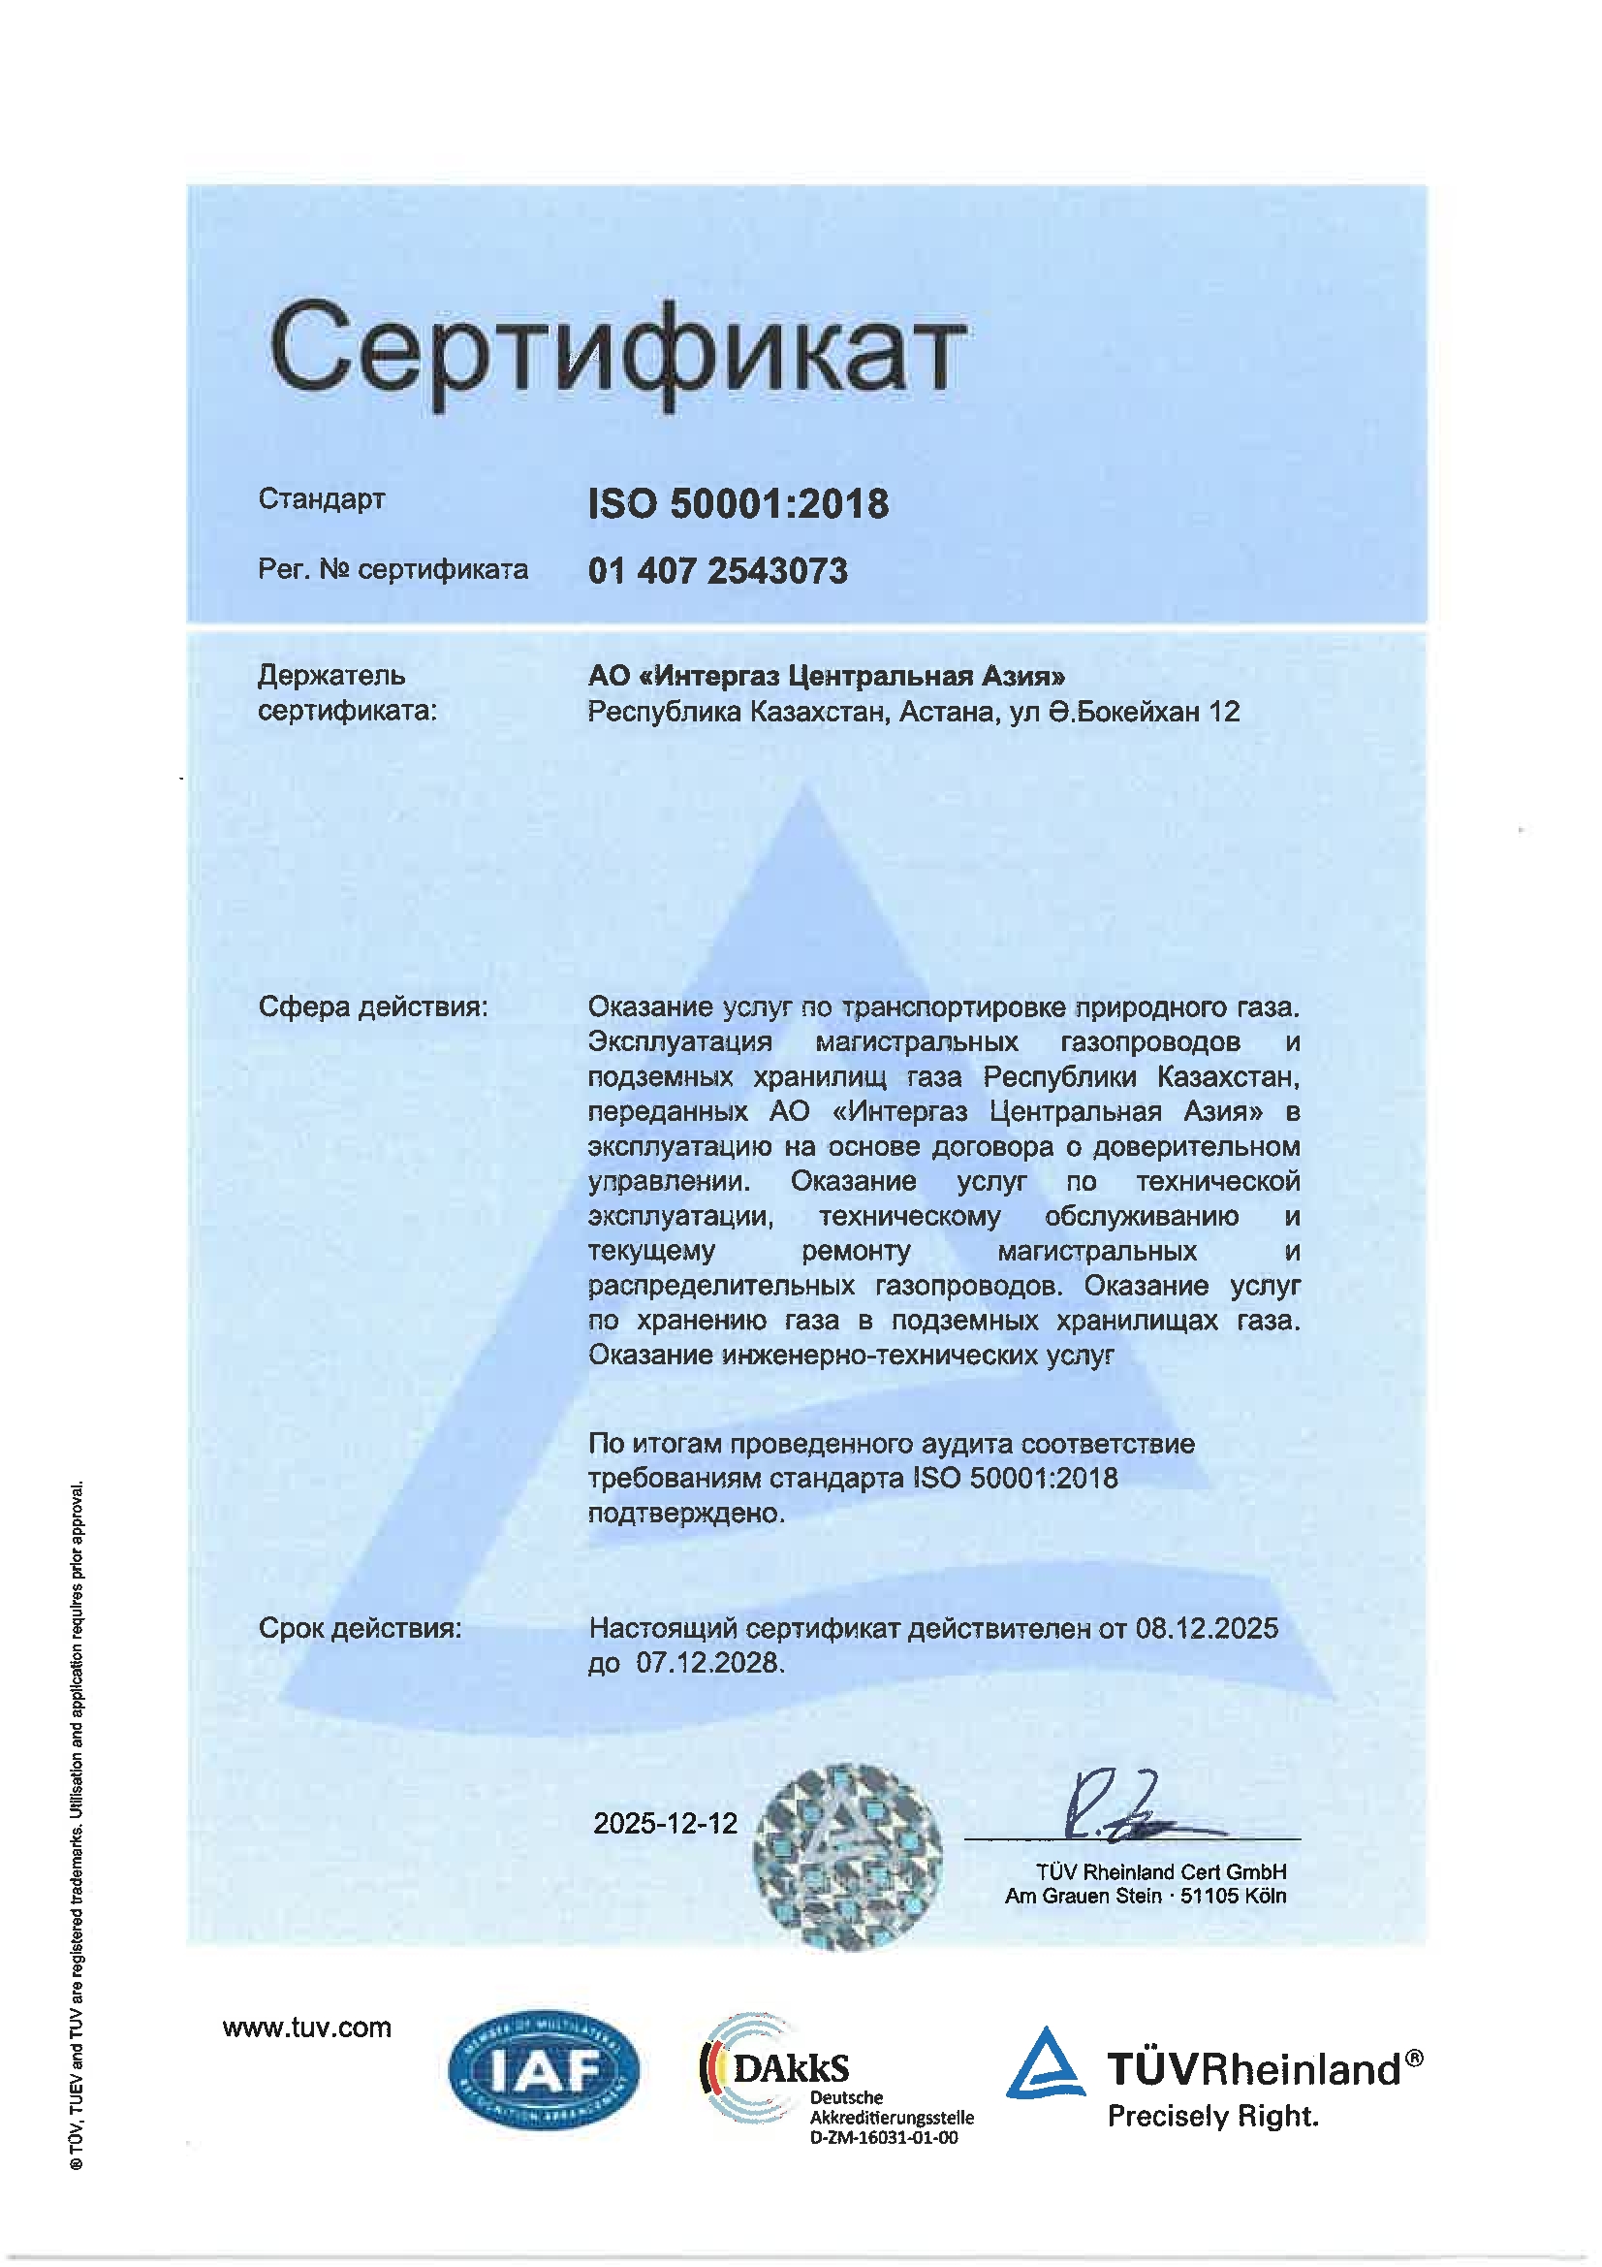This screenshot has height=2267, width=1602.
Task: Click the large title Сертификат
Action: click(x=617, y=350)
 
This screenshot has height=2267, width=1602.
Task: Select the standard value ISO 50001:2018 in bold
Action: click(x=738, y=503)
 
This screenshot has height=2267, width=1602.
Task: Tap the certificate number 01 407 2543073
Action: click(x=717, y=571)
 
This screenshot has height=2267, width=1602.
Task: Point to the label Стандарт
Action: click(x=321, y=498)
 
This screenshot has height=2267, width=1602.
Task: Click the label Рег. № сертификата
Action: click(x=393, y=570)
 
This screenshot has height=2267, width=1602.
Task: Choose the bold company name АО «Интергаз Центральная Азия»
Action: click(x=826, y=676)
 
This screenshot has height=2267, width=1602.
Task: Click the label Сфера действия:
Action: click(x=373, y=1006)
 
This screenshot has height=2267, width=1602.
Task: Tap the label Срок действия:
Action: click(x=361, y=1627)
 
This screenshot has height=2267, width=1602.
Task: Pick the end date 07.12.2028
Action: click(x=707, y=1662)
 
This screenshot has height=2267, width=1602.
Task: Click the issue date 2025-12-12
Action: click(x=665, y=1823)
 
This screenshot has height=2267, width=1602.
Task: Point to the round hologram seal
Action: click(x=847, y=1856)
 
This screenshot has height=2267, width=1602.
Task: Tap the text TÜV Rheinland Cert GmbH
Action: click(x=1161, y=1871)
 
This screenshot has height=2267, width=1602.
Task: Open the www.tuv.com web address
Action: click(x=307, y=2028)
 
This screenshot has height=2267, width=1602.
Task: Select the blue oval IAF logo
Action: click(x=543, y=2069)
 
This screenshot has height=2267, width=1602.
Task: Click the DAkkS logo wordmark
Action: click(x=790, y=2067)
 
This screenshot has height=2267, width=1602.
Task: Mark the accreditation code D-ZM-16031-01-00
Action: click(x=883, y=2138)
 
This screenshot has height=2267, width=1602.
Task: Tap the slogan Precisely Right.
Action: click(x=1212, y=2116)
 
